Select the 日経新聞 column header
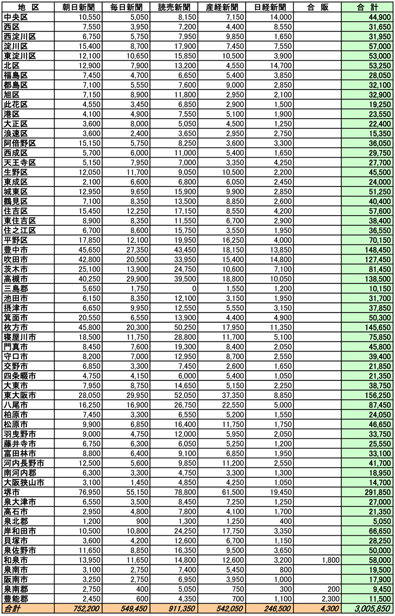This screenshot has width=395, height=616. click(x=270, y=8)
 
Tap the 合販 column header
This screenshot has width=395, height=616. click(x=317, y=8)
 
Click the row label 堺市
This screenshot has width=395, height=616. click(x=11, y=492)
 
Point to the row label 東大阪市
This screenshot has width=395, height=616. click(x=19, y=395)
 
